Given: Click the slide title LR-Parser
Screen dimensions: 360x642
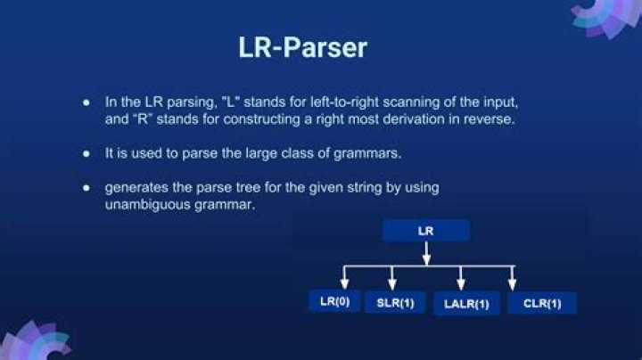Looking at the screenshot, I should point(302,47).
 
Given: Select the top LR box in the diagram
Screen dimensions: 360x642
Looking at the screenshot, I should point(426,231).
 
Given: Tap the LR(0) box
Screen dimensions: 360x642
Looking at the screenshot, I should point(334,301).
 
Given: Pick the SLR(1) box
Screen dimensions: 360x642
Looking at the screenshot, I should point(394,302).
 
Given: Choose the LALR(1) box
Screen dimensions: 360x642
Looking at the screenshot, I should point(466,303).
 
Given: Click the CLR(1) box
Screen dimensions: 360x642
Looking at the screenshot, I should point(542,303).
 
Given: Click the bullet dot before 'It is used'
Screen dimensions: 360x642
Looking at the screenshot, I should point(86,153).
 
